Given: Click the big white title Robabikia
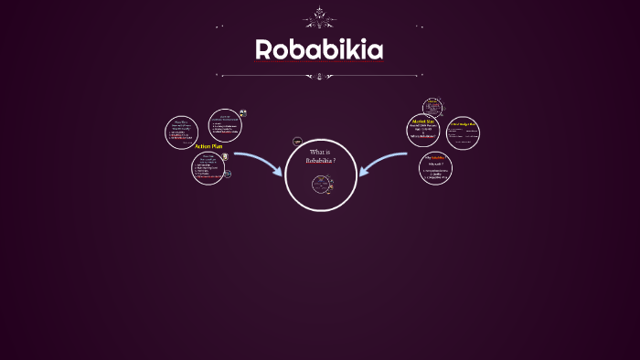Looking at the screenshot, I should pos(319,49).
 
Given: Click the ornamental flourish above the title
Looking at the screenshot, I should pos(319,17).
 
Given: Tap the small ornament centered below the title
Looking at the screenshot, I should pos(319,76).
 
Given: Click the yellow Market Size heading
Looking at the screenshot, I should pos(422,121).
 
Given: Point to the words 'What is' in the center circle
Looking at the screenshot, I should pos(320,152).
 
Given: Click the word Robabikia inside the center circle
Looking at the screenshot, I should pos(320,161).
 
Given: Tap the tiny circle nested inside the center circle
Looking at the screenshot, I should pos(322,185).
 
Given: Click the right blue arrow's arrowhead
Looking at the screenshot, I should pos(364,170).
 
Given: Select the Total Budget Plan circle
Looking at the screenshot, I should pos(463,132).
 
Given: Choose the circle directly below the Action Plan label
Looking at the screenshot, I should pos(208,167).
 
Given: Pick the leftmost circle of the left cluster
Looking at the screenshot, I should pos(181,132).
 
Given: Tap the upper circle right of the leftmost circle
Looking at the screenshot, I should pos(224,125).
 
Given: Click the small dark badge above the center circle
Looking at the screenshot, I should pos(297,142).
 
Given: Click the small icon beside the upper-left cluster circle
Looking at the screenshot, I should pos(243,114).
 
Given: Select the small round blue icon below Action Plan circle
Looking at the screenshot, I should pos(228,174).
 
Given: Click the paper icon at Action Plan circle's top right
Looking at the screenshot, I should pos(225,156).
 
